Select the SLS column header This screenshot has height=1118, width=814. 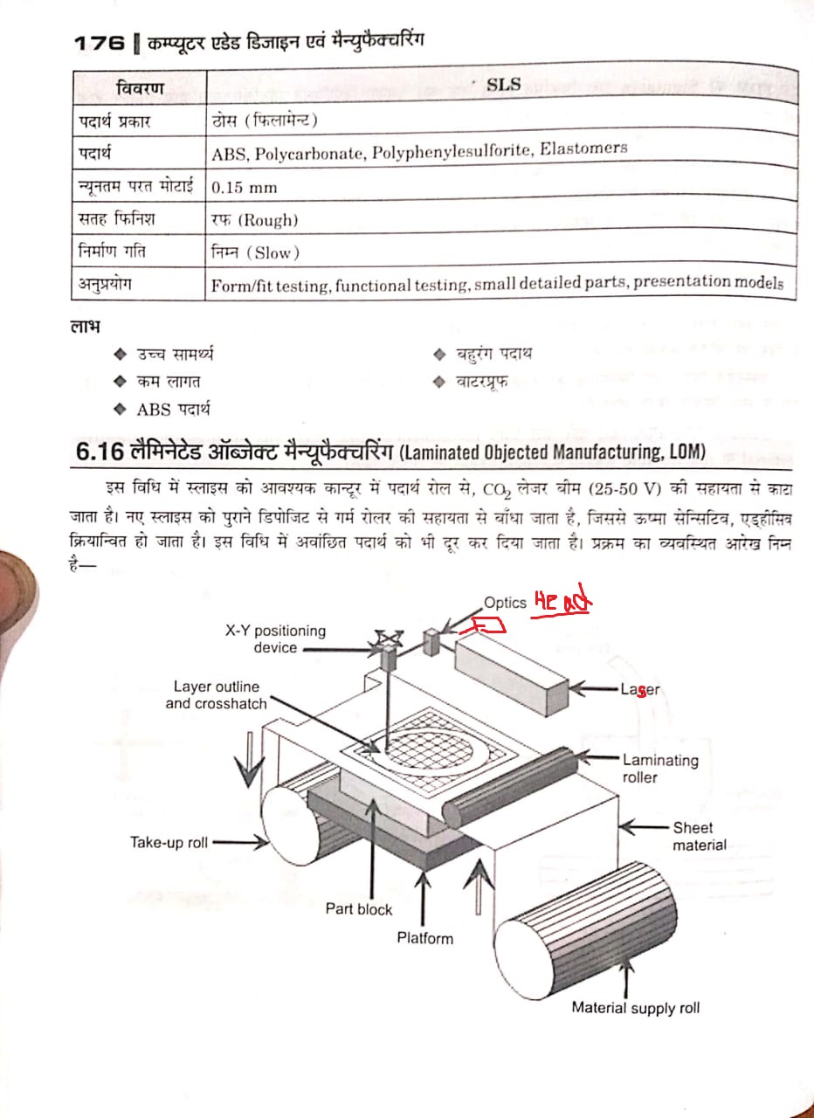point(503,85)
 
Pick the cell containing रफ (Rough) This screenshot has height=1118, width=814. point(254,220)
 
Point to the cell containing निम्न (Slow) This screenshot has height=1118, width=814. point(255,252)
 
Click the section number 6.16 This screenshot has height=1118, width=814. point(94,452)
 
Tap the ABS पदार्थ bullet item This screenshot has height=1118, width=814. point(173,409)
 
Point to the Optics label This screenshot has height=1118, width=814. point(505,603)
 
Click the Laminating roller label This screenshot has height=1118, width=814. point(660,769)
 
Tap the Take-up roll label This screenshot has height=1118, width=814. point(169,842)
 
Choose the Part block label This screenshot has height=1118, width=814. point(359,908)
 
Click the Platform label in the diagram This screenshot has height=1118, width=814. point(425,938)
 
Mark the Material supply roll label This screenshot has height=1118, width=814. point(635,1007)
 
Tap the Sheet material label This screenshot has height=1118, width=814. point(699,836)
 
